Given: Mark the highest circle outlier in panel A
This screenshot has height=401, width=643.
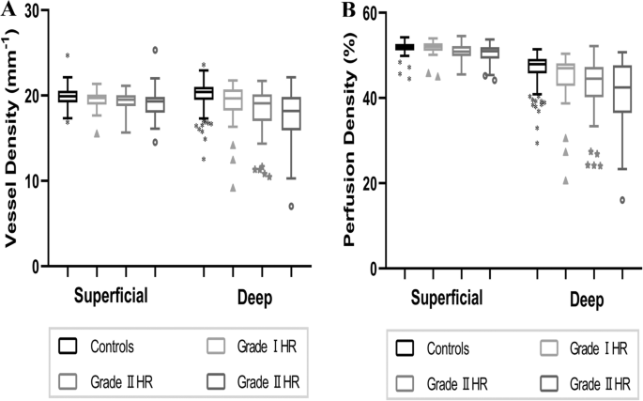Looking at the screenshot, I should (156, 50).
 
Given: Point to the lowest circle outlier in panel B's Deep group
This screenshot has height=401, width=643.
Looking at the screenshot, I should (622, 200).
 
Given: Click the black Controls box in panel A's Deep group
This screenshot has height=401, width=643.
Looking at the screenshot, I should (203, 93).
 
